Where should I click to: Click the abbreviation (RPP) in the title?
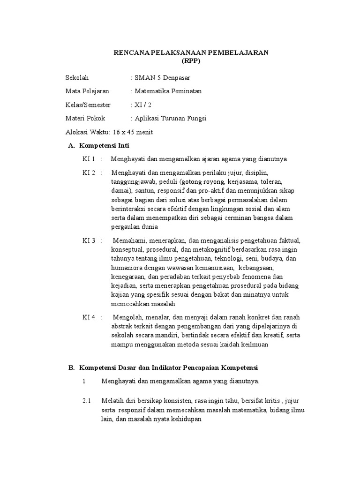point(191,61)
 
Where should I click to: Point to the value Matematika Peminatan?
point(168,91)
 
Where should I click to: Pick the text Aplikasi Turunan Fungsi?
point(170,119)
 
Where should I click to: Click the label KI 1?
point(89,159)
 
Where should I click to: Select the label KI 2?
point(89,173)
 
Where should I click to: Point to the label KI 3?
point(89,241)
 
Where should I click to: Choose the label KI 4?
point(89,317)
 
